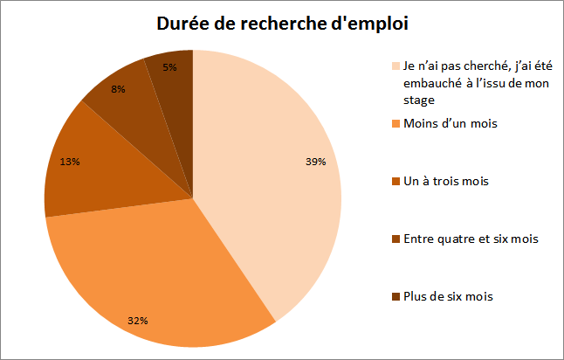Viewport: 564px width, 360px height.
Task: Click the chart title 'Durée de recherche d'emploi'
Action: point(282,24)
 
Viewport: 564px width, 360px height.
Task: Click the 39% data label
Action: point(315,161)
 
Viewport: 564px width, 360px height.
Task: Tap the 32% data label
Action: point(137,321)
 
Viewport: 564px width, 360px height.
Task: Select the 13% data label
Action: point(70,161)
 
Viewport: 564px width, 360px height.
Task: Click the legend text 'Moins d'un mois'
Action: point(450,123)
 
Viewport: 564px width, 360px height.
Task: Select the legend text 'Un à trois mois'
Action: point(445,181)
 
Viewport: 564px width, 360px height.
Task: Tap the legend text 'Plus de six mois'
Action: point(448,296)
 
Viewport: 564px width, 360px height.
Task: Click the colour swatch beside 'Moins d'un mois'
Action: point(396,123)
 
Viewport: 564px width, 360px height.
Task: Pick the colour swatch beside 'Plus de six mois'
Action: point(396,296)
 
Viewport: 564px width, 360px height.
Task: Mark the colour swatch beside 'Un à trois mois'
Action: point(396,181)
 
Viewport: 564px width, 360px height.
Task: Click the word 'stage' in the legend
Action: point(417,100)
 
